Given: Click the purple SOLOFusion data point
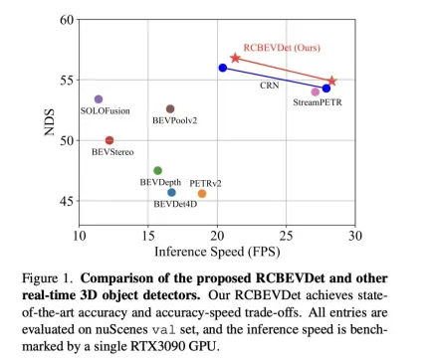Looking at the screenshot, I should point(99,99).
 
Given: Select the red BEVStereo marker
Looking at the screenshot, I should point(109,140).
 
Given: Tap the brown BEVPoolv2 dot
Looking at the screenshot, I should point(170,108).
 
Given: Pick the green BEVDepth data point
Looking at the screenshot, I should point(157,171).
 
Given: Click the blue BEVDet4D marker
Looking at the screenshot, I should point(171,192).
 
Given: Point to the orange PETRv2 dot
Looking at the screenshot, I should point(202,194).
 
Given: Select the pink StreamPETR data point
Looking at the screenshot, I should point(316,91).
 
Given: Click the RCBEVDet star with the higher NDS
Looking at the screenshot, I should point(235,59).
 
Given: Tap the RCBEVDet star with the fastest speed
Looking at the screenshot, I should point(332,81).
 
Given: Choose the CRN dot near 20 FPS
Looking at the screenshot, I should point(223,68).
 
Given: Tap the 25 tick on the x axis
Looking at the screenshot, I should point(287,237).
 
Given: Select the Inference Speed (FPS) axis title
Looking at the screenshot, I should point(217,251).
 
